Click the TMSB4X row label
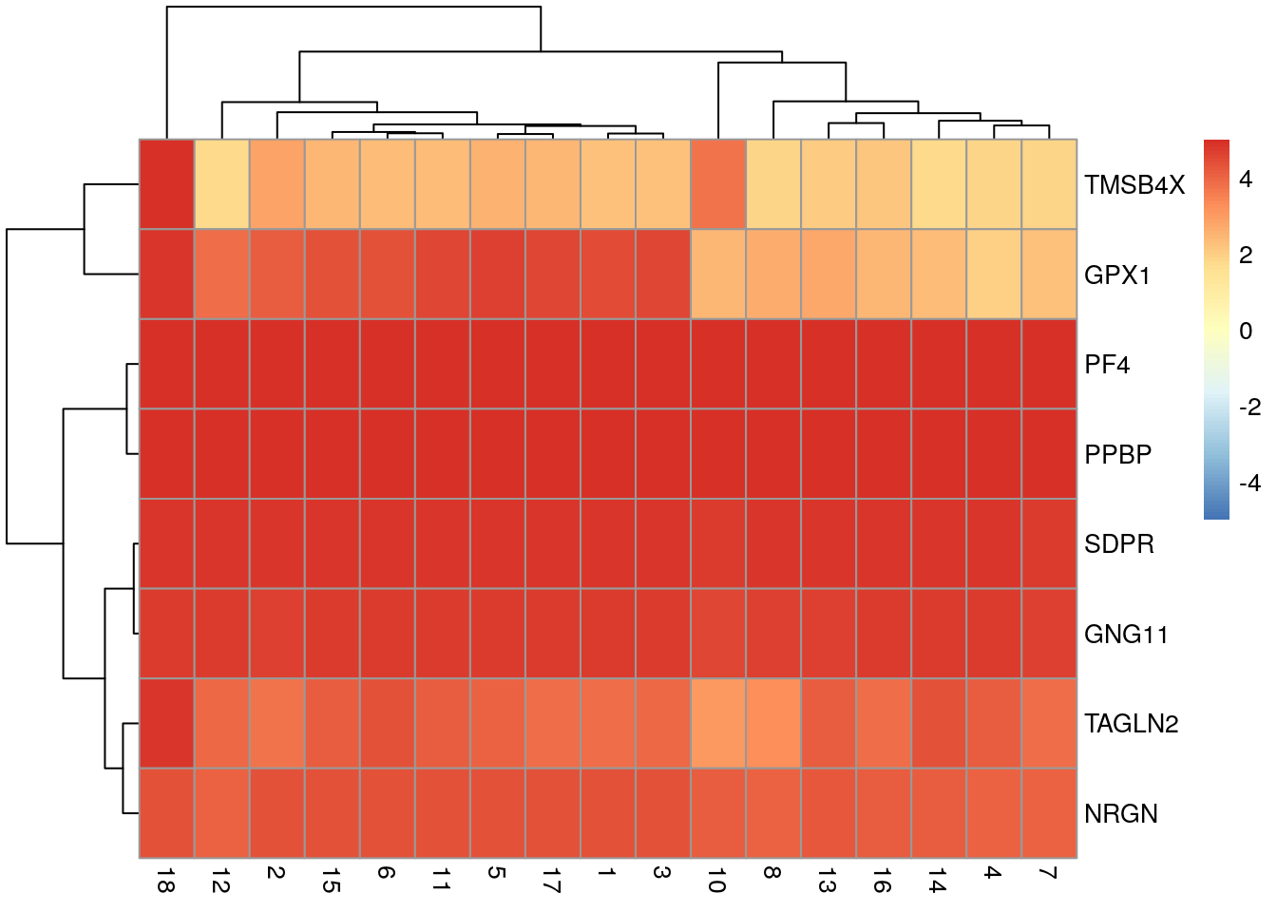(x=1134, y=185)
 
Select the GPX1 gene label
(x=1117, y=275)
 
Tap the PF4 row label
(x=1107, y=365)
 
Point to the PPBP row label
(x=1117, y=454)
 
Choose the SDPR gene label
(x=1118, y=544)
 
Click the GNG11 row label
(x=1126, y=634)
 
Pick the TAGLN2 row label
(x=1131, y=724)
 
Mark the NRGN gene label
(x=1120, y=814)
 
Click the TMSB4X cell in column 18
(x=166, y=184)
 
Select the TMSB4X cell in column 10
(x=718, y=184)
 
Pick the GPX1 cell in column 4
(x=994, y=275)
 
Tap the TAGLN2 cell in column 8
(x=773, y=723)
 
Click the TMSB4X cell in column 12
(x=221, y=184)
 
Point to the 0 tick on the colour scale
(x=1246, y=331)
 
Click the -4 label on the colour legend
(x=1249, y=483)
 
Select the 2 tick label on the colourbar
(x=1246, y=255)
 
